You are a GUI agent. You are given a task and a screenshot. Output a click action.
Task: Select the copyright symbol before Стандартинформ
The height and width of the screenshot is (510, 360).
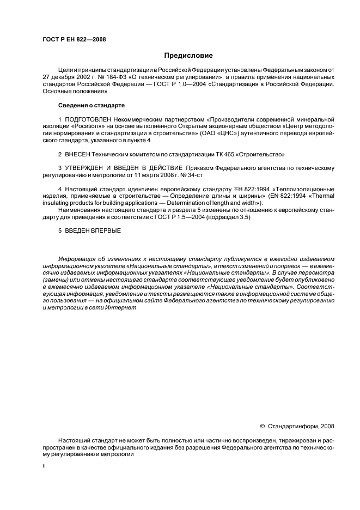(x=263, y=427)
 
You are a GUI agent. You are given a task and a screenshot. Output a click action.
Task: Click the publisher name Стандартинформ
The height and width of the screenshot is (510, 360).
(x=294, y=427)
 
